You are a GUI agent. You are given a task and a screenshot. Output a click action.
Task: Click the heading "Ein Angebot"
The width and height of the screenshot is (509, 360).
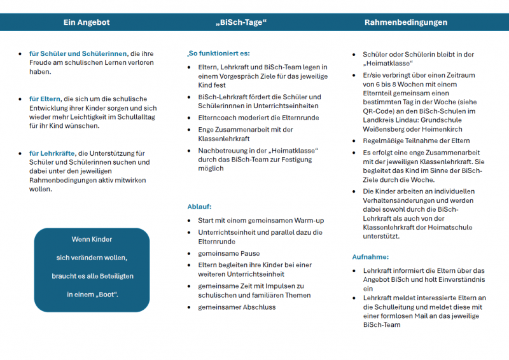pos(87,22)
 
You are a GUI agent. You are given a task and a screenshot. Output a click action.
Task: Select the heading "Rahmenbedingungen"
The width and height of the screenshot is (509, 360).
pos(405,22)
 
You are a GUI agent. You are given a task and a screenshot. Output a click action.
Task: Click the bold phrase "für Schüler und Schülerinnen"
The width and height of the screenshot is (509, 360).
pos(78,54)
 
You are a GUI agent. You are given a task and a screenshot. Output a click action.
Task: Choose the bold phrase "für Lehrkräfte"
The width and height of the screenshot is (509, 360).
pos(52,153)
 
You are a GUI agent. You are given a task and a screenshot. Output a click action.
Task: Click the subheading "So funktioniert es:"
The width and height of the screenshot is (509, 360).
pos(218,53)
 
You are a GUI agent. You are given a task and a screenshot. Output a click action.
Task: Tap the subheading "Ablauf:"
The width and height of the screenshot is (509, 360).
pos(199,207)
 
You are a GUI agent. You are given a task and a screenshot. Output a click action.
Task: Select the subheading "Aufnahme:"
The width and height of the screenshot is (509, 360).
pos(370,257)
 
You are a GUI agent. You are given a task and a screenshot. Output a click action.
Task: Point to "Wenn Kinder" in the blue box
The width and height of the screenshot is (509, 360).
pos(92,239)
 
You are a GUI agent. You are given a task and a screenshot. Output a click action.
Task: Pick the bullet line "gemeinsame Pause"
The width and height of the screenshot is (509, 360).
pos(228,253)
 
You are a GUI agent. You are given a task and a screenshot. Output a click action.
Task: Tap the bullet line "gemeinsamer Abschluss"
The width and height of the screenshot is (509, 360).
pos(237,307)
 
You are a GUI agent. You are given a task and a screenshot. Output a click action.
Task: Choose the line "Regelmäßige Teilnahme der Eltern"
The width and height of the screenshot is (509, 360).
pos(416,141)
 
